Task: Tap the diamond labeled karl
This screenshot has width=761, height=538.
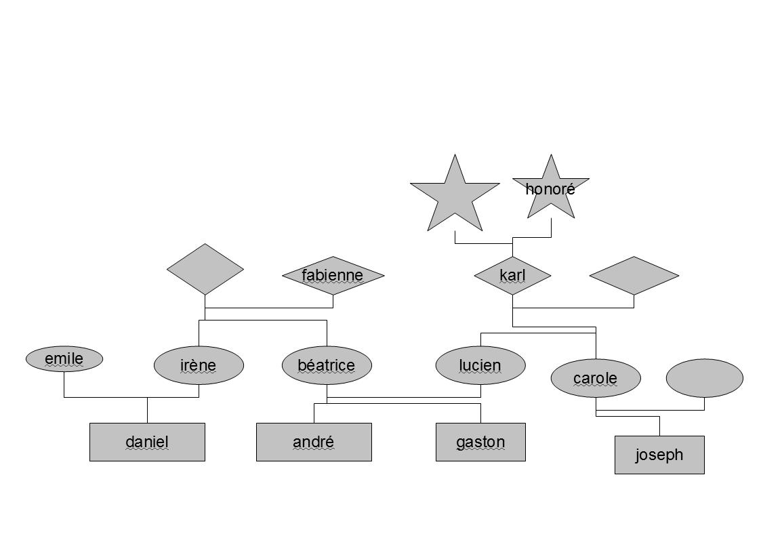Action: (x=512, y=276)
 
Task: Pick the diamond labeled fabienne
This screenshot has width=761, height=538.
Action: (x=333, y=276)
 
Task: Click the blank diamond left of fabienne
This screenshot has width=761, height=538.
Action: (x=205, y=269)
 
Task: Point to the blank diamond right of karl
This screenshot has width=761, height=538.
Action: (x=634, y=276)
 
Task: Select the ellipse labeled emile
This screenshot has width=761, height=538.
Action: (x=64, y=358)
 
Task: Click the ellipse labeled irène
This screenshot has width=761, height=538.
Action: (x=199, y=365)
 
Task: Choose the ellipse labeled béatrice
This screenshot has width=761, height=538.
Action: (x=327, y=365)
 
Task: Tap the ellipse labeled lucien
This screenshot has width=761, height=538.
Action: (x=480, y=365)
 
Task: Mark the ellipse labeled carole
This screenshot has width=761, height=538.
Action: (x=595, y=378)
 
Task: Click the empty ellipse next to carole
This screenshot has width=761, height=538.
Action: (x=704, y=378)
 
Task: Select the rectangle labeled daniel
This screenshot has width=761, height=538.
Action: (x=147, y=442)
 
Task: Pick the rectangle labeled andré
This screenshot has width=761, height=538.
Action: (x=314, y=442)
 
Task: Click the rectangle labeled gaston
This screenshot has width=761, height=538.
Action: (x=480, y=442)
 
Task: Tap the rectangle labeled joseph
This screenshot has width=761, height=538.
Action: (x=659, y=455)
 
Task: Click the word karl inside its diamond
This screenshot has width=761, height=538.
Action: (x=512, y=275)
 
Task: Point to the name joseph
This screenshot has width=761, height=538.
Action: (x=659, y=455)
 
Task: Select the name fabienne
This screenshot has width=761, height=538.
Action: (x=333, y=275)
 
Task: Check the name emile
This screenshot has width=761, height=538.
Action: (x=64, y=358)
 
